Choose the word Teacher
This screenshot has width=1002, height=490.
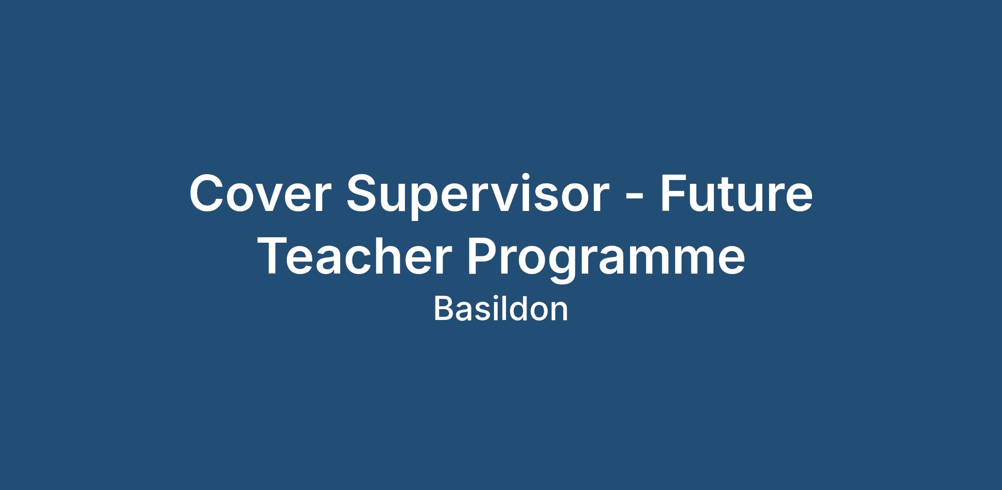pyautogui.click(x=353, y=256)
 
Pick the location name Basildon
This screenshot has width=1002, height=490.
pyautogui.click(x=501, y=309)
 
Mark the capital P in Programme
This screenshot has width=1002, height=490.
pyautogui.click(x=482, y=255)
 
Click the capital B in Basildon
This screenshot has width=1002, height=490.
pyautogui.click(x=444, y=309)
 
